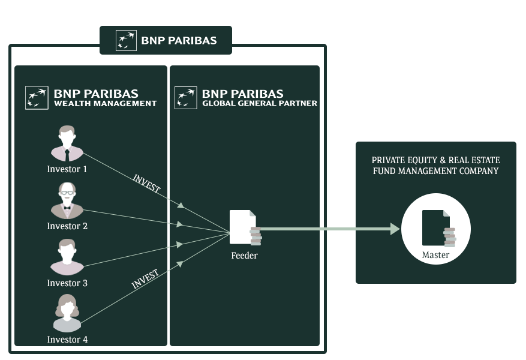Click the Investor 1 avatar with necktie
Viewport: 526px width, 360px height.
pos(67,145)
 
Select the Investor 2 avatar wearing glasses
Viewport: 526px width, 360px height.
pos(67,200)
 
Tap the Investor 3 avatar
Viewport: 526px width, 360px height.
pos(67,257)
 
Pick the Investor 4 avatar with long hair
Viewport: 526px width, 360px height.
pos(67,314)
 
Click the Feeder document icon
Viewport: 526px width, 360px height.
pos(244,227)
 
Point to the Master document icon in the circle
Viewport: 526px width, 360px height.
pos(436,228)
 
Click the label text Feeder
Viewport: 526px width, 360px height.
pos(244,256)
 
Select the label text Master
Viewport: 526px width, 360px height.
pos(435,255)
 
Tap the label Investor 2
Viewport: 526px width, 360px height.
pos(67,226)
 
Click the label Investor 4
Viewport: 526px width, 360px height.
pos(67,340)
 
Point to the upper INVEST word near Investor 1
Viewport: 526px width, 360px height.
pos(146,184)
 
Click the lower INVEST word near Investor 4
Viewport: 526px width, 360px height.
pos(145,280)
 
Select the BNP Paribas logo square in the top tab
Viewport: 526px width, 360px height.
pos(126,40)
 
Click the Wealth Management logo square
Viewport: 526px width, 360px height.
pos(37,98)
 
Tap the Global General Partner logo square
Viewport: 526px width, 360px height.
pos(185,98)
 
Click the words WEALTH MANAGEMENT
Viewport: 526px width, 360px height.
pos(105,104)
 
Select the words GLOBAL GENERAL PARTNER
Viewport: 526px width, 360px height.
pos(260,104)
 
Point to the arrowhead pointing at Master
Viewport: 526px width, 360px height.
pos(395,229)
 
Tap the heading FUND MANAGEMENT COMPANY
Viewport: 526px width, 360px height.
pos(436,171)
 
